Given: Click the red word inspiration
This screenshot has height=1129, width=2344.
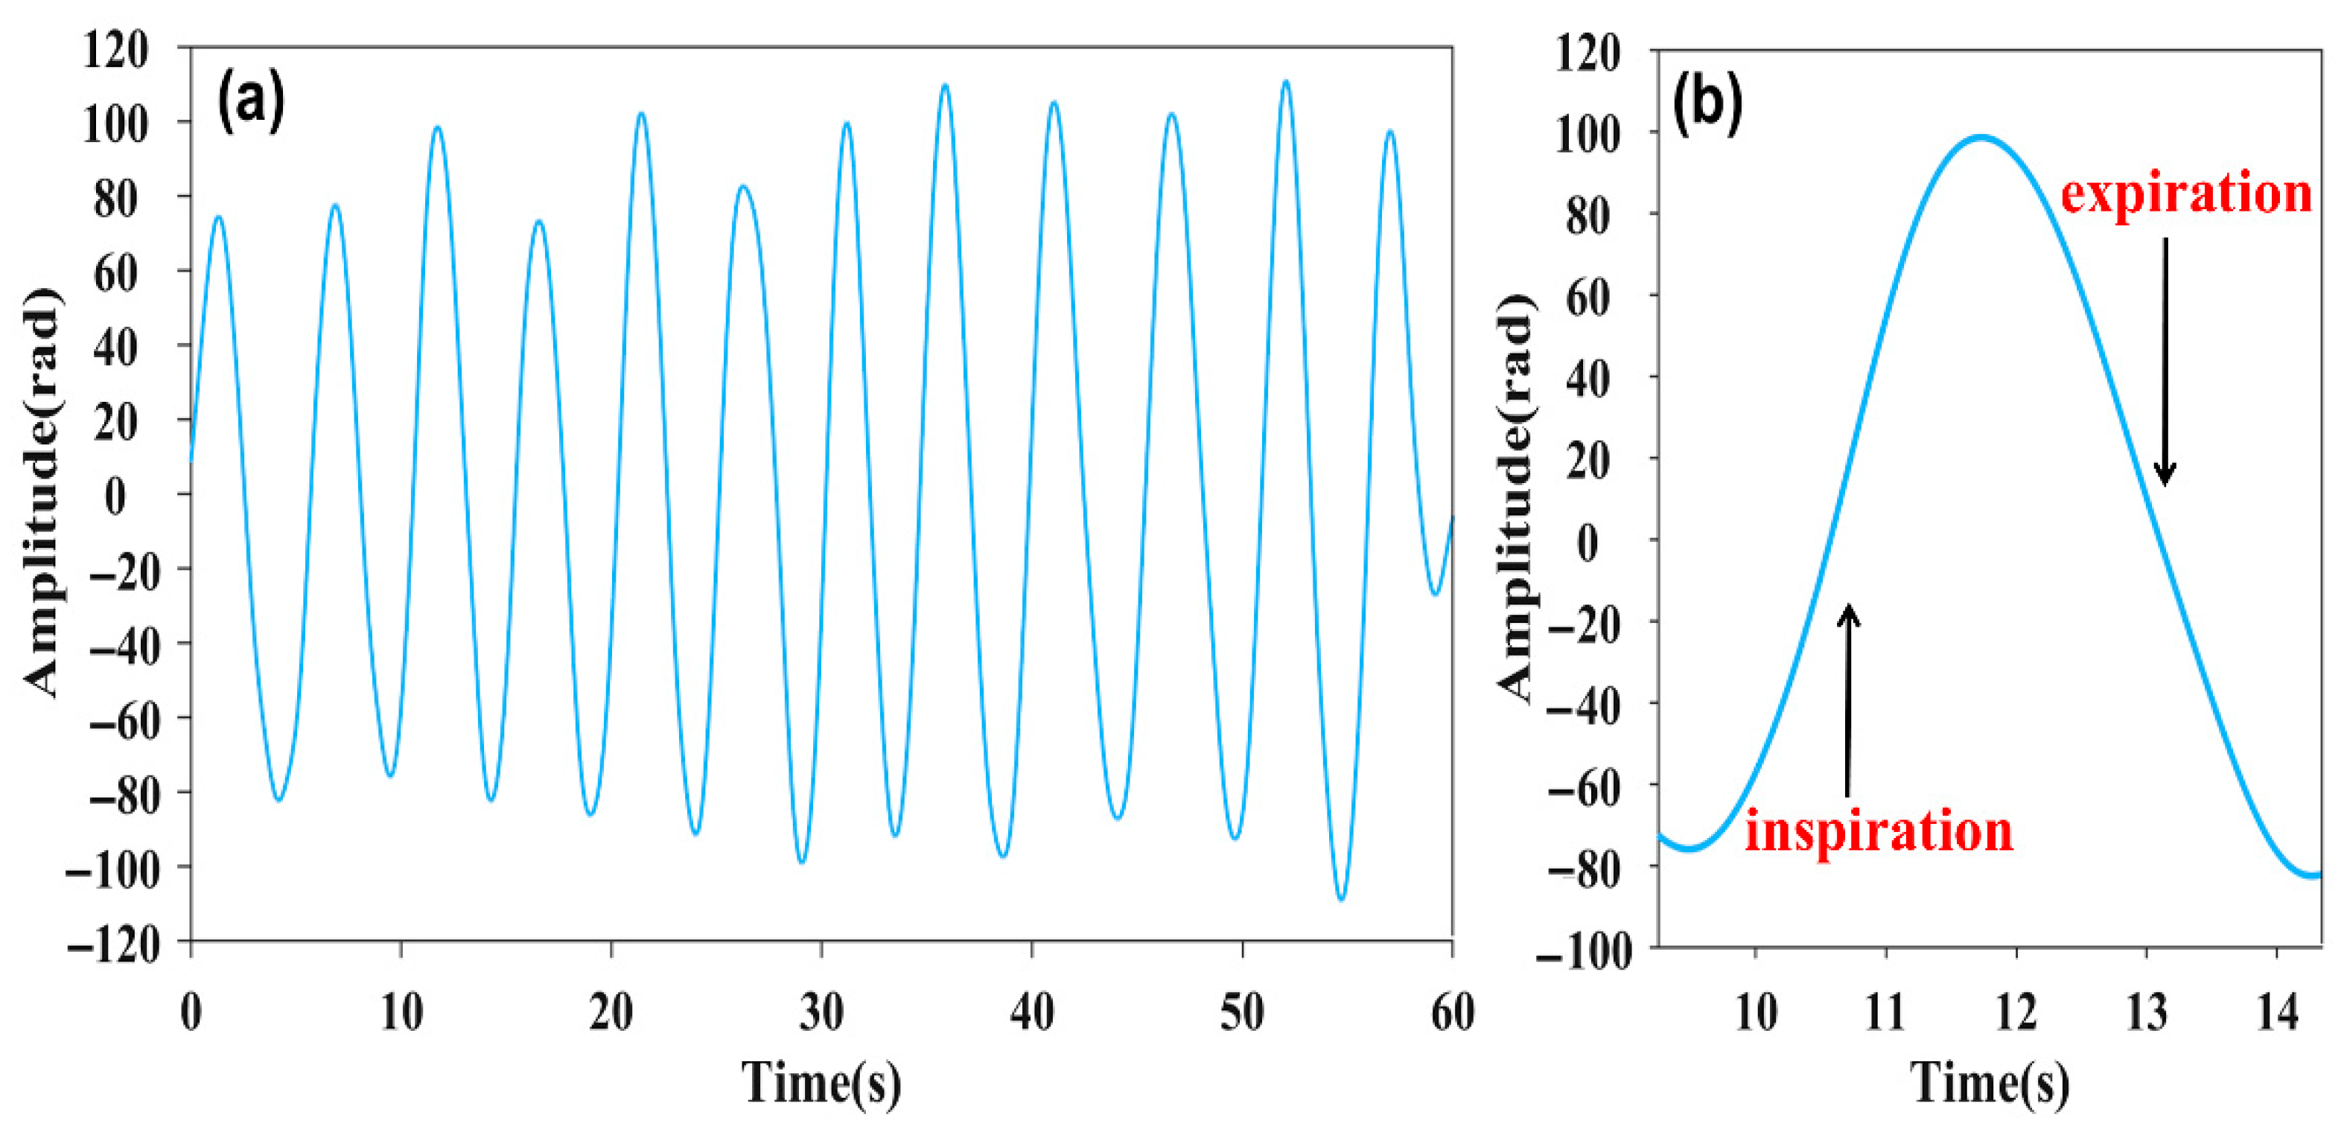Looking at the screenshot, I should coord(1879,831).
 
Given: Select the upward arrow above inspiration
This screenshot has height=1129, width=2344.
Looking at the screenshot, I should coord(1848,700).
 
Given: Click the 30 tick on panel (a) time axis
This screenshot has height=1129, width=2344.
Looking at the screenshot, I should coord(822,1011).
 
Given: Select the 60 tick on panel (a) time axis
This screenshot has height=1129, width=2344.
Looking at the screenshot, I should coord(1452,1011).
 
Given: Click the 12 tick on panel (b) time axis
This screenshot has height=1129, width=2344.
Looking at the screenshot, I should coord(2016,1011).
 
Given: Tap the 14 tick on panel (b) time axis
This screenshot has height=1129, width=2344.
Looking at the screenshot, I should coord(2278,1011).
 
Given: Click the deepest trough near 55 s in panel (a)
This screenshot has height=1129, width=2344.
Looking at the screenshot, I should coord(1341,899).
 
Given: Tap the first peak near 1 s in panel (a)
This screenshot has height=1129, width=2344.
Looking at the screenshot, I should coord(218,217).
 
